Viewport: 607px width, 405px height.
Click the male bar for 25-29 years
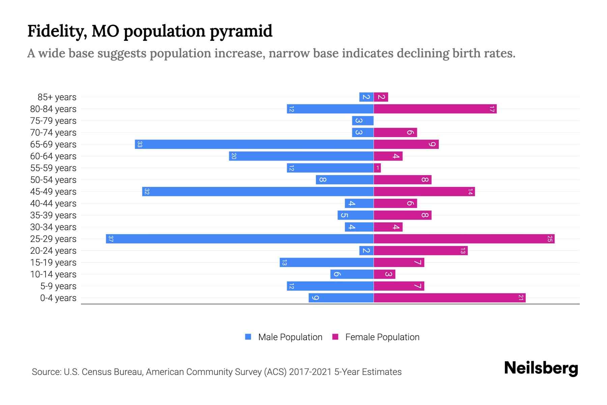pyautogui.click(x=239, y=239)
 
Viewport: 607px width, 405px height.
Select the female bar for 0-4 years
pyautogui.click(x=450, y=298)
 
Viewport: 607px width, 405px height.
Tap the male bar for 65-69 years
pyautogui.click(x=254, y=144)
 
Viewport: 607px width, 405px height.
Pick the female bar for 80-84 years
pyautogui.click(x=435, y=109)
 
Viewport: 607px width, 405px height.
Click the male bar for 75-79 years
pyautogui.click(x=363, y=121)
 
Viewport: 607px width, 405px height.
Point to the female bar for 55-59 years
pyautogui.click(x=377, y=168)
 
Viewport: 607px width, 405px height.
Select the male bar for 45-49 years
pyautogui.click(x=258, y=192)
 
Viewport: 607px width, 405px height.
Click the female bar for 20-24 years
pyautogui.click(x=421, y=251)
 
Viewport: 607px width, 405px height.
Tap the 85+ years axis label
pyautogui.click(x=57, y=97)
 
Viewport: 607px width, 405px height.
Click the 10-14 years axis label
pyautogui.click(x=53, y=274)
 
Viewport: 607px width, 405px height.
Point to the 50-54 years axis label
pyautogui.click(x=53, y=180)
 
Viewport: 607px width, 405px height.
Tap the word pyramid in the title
pyautogui.click(x=241, y=31)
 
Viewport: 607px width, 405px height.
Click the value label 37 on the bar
pyautogui.click(x=111, y=239)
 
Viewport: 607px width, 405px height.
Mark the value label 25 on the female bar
pyautogui.click(x=550, y=239)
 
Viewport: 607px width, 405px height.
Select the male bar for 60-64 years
pyautogui.click(x=301, y=156)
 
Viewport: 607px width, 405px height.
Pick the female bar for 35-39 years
pyautogui.click(x=403, y=215)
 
